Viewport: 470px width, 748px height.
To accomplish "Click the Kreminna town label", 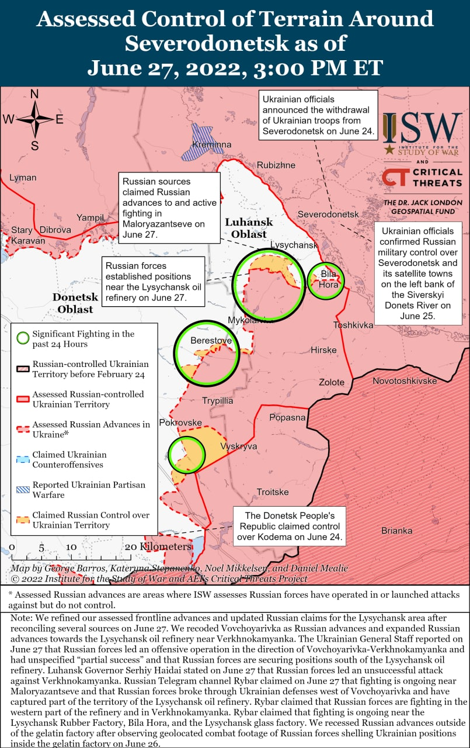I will (x=215, y=144).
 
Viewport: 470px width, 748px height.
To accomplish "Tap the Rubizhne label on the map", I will (x=276, y=165).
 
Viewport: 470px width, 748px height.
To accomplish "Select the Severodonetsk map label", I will (x=328, y=214).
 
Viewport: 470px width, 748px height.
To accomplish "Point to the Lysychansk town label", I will (x=294, y=245).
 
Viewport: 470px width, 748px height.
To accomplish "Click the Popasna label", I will (x=287, y=417).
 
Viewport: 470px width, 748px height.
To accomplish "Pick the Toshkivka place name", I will (x=353, y=324).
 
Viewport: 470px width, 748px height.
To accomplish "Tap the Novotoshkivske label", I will (x=405, y=380).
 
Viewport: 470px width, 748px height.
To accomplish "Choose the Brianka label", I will (x=396, y=531).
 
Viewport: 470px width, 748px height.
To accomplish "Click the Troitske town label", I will (x=273, y=492).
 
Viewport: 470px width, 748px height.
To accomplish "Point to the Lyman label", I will (x=23, y=178).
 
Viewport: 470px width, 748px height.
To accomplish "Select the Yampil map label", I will (x=90, y=217).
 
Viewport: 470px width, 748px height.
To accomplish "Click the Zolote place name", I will (x=331, y=382).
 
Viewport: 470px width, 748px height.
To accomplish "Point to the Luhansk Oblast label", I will (x=249, y=228).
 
